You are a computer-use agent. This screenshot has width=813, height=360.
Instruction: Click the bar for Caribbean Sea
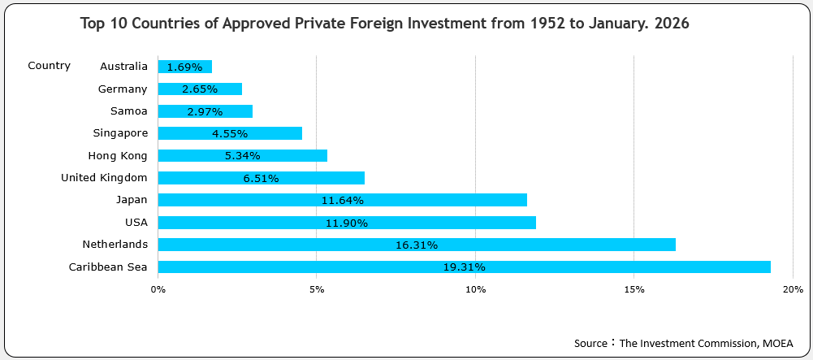click(x=464, y=267)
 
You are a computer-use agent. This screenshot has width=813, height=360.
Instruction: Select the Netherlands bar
click(x=417, y=245)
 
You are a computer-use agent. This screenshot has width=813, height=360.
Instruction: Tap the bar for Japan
click(x=342, y=200)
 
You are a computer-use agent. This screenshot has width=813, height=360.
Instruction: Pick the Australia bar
click(x=184, y=67)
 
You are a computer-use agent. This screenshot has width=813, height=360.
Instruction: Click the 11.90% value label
click(x=347, y=223)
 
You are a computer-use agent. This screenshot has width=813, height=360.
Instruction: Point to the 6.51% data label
click(x=261, y=178)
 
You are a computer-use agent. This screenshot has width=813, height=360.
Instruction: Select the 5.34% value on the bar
click(x=243, y=156)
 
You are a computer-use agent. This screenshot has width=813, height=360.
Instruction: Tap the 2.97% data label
click(x=205, y=111)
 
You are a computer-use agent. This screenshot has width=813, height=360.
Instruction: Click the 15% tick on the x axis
click(x=634, y=289)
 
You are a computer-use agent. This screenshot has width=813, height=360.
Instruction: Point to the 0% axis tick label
click(x=158, y=289)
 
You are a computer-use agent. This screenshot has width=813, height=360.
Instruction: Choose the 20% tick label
click(x=793, y=289)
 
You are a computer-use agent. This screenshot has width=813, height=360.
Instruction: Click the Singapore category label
click(x=120, y=133)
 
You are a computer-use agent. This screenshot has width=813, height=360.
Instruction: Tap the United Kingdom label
click(x=104, y=177)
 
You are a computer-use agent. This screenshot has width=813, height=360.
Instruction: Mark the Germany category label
click(x=123, y=89)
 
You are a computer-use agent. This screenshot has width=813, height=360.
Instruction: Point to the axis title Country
click(x=49, y=66)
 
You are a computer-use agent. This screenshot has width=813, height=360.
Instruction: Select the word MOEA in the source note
click(x=777, y=343)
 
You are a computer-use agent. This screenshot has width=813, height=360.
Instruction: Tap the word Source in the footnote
click(x=590, y=343)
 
